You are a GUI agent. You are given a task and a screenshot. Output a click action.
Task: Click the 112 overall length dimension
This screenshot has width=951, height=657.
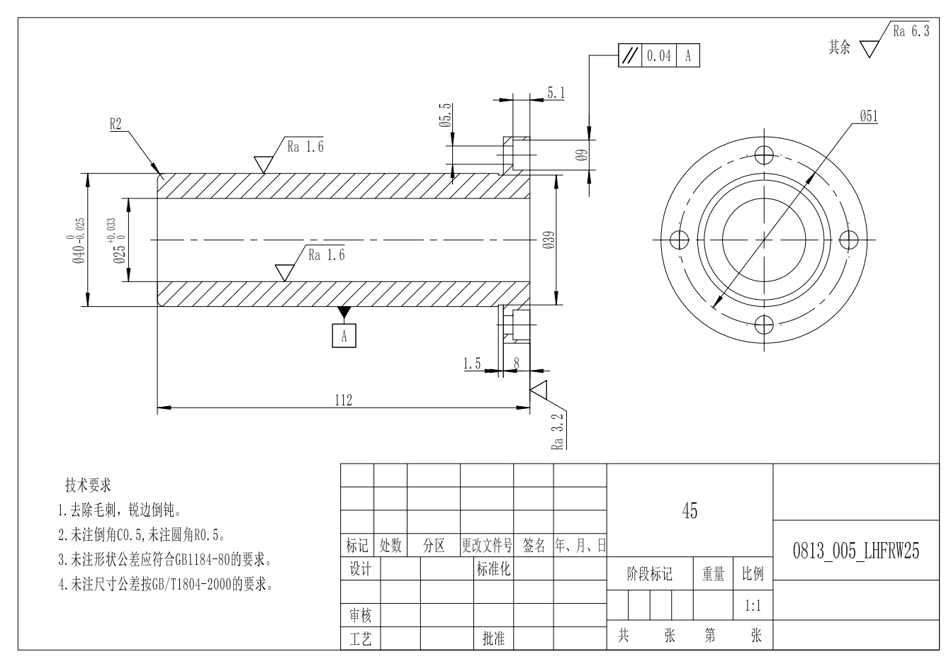(343, 400)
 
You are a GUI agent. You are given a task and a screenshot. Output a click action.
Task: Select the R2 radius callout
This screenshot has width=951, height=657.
(116, 124)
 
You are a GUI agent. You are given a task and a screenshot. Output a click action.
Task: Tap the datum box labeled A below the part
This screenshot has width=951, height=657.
(344, 335)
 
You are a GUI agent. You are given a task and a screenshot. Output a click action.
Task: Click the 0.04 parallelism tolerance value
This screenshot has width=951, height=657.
(659, 56)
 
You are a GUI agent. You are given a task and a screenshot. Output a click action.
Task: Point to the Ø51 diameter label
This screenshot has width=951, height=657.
(868, 117)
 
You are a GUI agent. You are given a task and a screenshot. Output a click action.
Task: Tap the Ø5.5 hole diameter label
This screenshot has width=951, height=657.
(445, 115)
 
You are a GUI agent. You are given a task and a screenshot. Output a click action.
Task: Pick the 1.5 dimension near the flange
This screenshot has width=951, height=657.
(472, 364)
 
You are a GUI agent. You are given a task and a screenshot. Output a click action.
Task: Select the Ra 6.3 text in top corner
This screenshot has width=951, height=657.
(910, 31)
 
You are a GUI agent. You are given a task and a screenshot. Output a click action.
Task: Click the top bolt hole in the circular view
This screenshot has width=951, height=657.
(763, 155)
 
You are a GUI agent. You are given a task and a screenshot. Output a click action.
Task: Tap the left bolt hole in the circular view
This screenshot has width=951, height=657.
(679, 240)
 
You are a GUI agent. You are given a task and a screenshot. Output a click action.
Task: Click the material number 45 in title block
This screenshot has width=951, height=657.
(689, 510)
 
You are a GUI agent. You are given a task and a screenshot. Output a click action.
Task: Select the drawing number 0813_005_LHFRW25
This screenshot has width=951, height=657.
(855, 552)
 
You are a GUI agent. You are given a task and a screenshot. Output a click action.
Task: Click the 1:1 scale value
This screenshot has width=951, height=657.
(753, 606)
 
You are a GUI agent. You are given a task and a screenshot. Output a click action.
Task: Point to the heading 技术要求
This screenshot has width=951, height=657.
(88, 485)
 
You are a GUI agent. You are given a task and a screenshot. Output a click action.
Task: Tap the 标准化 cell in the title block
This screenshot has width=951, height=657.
(493, 568)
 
